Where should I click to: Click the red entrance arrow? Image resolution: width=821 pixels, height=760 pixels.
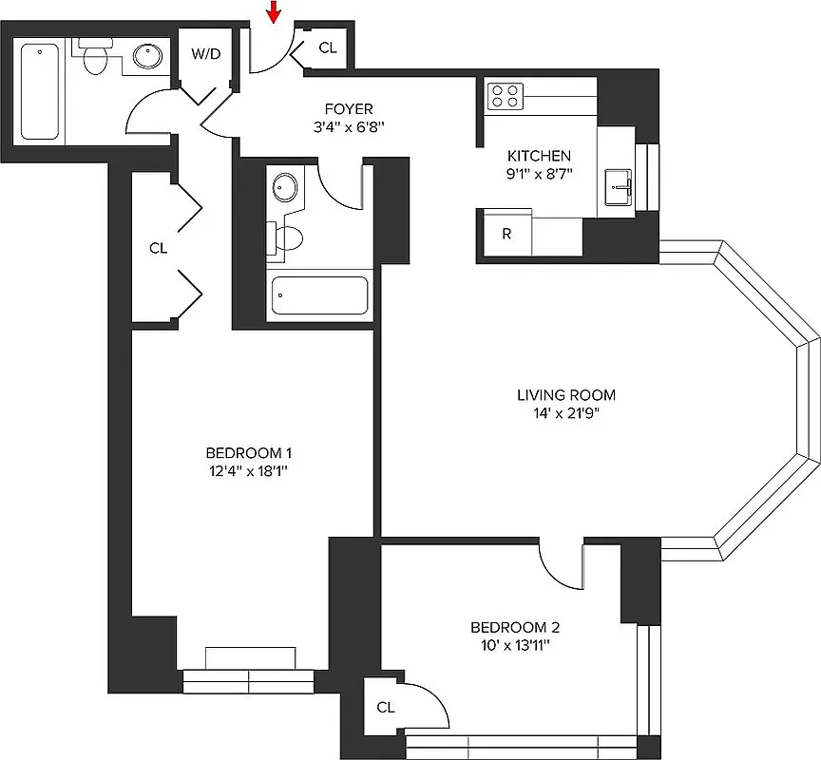point(274,12)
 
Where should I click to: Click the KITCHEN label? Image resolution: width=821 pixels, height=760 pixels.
point(539,156)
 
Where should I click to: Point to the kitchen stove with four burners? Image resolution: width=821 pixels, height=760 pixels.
point(506,96)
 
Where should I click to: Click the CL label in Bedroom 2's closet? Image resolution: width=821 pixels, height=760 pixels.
point(385,707)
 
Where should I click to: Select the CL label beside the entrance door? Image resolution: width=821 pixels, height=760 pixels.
point(327,47)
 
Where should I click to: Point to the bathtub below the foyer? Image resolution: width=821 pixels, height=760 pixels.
point(319,295)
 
